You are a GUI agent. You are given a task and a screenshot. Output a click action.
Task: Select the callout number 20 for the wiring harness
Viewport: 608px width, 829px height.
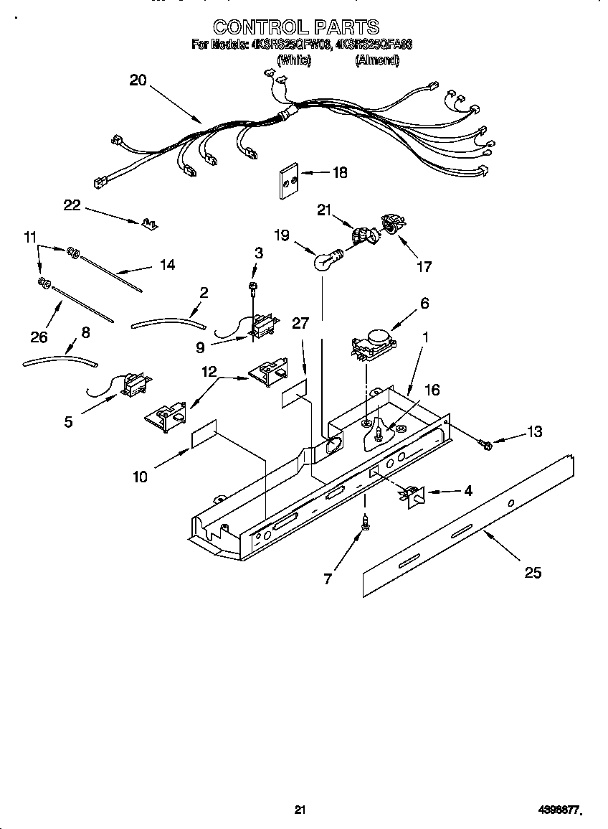point(138,80)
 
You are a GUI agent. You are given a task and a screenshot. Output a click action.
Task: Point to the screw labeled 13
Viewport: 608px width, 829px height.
point(485,445)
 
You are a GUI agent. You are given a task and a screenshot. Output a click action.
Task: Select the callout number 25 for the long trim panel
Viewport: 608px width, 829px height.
point(533,572)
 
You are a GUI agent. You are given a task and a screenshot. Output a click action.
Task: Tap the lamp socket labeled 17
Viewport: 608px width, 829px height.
point(391,223)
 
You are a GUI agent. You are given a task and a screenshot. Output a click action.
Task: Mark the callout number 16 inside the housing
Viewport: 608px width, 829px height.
point(432,390)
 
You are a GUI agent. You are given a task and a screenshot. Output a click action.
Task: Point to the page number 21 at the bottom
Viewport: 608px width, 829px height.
point(300,810)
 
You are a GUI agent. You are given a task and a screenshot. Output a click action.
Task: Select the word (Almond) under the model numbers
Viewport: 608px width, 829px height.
point(377,61)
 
